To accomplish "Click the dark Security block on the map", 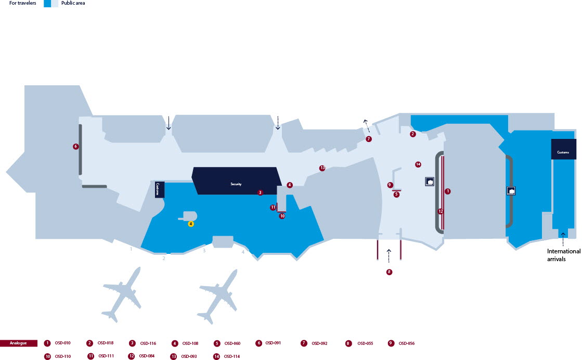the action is pos(237,181).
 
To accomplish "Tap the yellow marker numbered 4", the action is pos(191,224).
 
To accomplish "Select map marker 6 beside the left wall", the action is pos(76,147).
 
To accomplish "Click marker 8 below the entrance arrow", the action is pos(389,272).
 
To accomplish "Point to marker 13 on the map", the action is pos(322,168).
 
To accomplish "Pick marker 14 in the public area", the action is pos(418,164).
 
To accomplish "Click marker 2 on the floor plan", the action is pos(413,134).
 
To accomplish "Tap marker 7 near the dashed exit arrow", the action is pos(369,139).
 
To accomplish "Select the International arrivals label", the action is pos(563,255).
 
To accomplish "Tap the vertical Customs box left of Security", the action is pos(159,190).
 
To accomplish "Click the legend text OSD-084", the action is pos(147,356).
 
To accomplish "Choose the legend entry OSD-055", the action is pos(365,343).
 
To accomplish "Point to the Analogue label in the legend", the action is pos(19,343).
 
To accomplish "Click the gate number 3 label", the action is pos(204,251).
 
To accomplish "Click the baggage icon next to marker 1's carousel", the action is pos(430,182).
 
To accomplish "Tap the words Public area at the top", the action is pos(73,3).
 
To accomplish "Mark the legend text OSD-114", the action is pos(231,356).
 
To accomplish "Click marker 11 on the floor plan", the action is pos(273,208).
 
